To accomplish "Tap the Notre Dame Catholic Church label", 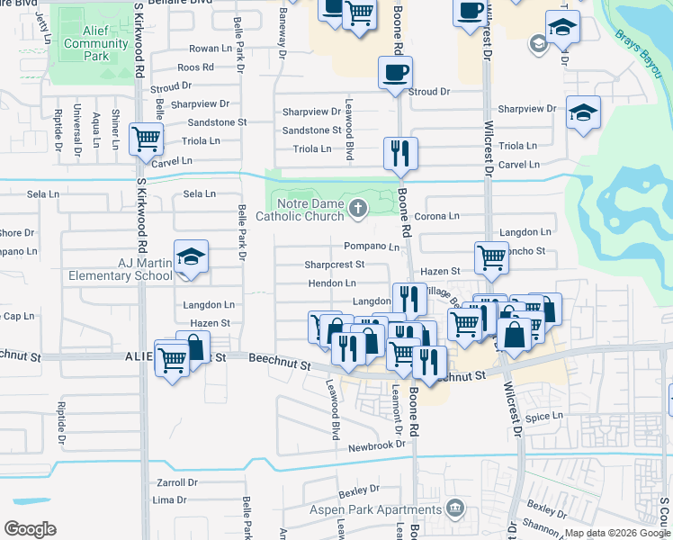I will point(300,209).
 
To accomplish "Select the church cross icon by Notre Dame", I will point(358,210).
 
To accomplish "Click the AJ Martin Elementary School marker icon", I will point(191,258).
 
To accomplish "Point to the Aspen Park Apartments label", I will point(392,509).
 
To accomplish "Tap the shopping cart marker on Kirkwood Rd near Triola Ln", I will point(146,139).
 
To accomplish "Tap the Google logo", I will point(31,529).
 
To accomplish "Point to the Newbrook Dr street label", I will point(379,446).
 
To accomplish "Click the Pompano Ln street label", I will point(372,246).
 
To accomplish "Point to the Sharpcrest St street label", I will point(334,265).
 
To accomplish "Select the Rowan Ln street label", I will point(210,49).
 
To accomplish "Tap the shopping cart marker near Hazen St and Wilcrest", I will point(491,257).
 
